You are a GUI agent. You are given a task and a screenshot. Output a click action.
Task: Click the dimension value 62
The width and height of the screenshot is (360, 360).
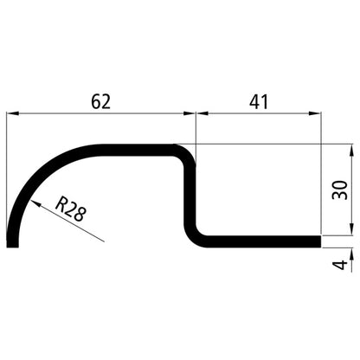coord(101,101)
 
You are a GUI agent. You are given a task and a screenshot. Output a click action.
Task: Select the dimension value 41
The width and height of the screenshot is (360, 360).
coord(258,101)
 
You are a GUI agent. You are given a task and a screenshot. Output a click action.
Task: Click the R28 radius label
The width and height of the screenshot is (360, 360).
coord(70,210)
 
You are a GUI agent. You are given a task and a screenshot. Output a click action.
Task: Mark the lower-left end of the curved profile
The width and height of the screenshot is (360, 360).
coord(12,243)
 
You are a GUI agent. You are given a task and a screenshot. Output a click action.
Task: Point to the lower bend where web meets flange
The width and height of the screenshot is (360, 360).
coord(196,234)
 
